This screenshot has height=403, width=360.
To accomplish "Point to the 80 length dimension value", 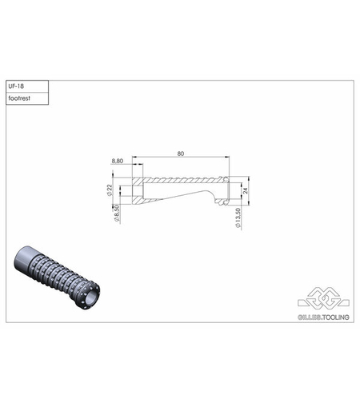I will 181,153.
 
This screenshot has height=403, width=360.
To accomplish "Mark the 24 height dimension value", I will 246,190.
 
